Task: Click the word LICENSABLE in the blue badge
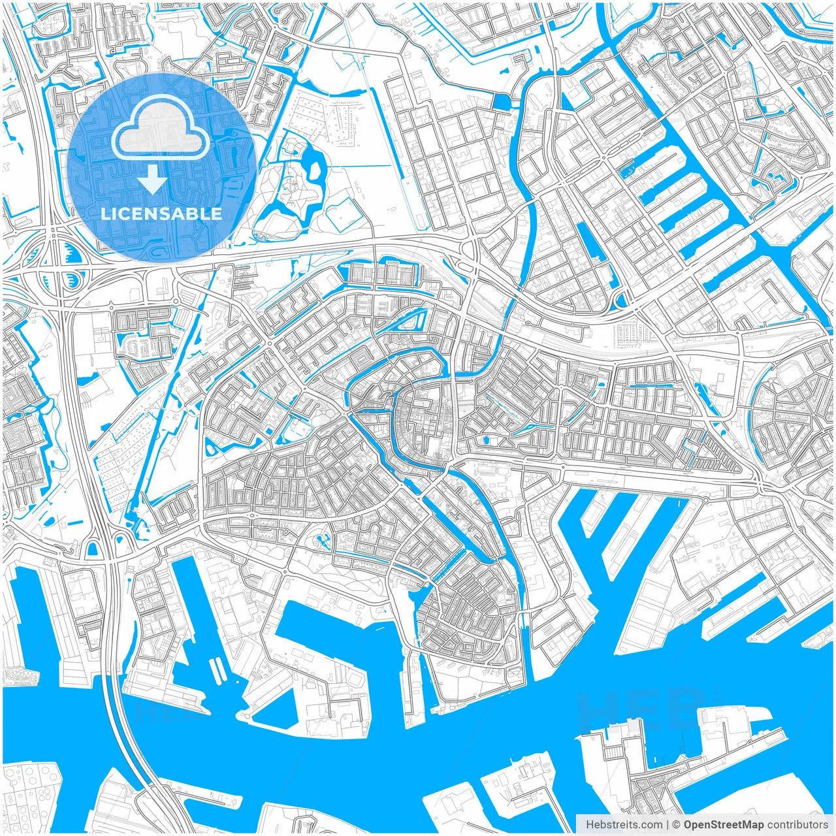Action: pyautogui.click(x=161, y=214)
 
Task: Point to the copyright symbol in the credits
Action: pyautogui.click(x=677, y=824)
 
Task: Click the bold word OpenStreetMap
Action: pyautogui.click(x=724, y=824)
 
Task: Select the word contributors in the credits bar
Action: pyautogui.click(x=797, y=824)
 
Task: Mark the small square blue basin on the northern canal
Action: pyautogui.click(x=504, y=101)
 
